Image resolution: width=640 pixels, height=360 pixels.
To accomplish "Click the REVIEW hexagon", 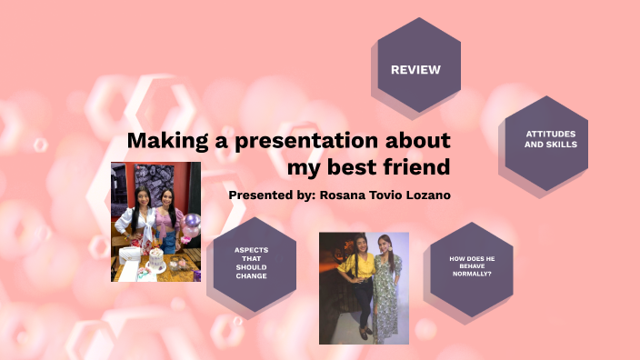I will (415, 69).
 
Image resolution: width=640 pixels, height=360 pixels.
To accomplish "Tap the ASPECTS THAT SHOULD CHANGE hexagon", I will (251, 263).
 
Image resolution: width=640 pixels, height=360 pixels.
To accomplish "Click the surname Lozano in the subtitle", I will (425, 195).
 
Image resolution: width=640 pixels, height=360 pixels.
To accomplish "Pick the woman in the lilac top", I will (170, 223).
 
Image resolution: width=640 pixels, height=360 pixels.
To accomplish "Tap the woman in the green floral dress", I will (385, 286).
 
